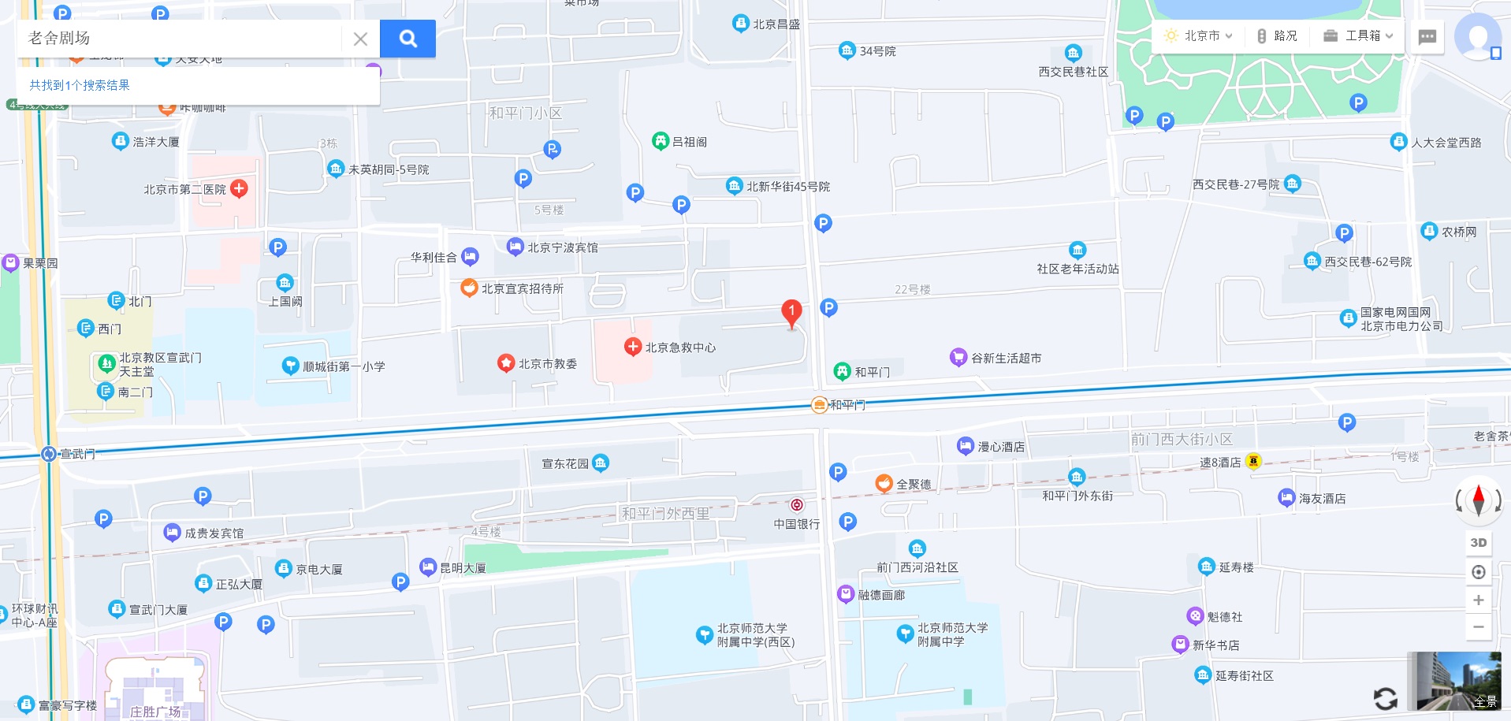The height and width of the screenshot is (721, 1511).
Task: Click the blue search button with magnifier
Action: pos(408,39)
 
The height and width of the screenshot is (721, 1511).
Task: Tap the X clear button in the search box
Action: pos(360,39)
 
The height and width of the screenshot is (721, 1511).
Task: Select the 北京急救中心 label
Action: pos(680,347)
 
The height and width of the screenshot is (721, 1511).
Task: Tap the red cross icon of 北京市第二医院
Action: pos(240,188)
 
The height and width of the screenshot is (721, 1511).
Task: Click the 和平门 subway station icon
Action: pos(820,405)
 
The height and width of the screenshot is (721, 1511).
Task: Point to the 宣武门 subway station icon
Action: pos(49,454)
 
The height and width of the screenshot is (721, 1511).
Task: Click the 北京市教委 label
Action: pos(547,364)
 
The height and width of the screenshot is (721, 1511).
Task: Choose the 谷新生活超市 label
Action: pos(1006,359)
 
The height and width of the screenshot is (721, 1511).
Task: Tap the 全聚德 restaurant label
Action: pos(914,485)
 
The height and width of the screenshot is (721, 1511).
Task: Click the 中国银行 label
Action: pos(797,524)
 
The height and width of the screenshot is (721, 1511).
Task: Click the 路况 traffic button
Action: pos(1278,36)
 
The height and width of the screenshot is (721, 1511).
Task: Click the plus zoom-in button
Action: pos(1479,600)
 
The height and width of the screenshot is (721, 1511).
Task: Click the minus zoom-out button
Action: pos(1479,627)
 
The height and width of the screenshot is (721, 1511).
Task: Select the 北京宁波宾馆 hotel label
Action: pos(562,247)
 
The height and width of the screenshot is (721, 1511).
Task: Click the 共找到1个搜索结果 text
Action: pos(80,85)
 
